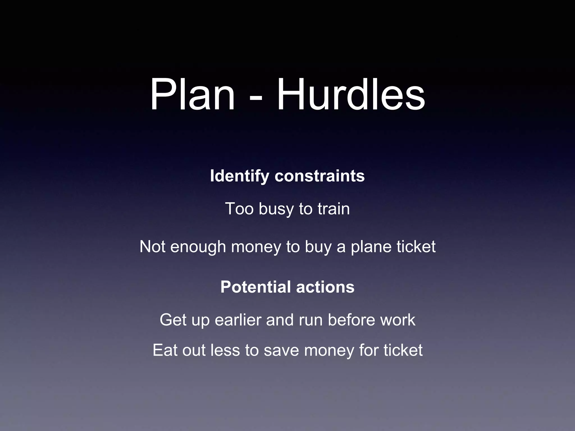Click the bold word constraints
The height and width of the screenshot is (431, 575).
coord(320,176)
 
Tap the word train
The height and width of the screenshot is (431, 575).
coord(334,209)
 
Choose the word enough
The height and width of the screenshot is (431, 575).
coord(198,247)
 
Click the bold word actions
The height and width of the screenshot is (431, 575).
coord(325,287)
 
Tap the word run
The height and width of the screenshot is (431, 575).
coord(311,320)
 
